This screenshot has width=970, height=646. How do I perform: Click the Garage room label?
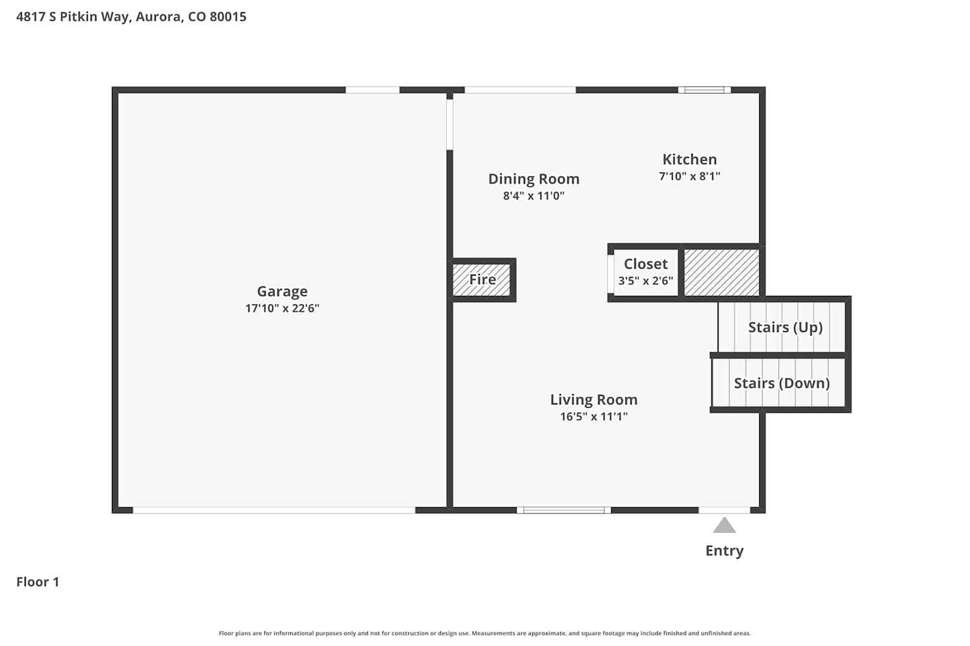pyautogui.click(x=283, y=291)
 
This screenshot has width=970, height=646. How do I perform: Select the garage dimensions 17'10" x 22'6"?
pyautogui.click(x=283, y=309)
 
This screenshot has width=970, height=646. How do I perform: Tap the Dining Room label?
pyautogui.click(x=534, y=179)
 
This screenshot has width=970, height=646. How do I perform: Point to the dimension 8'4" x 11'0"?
pyautogui.click(x=534, y=196)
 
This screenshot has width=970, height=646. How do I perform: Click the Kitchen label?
pyautogui.click(x=690, y=160)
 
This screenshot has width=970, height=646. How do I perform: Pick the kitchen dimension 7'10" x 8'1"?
pyautogui.click(x=690, y=176)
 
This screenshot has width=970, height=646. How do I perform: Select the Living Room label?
pyautogui.click(x=594, y=400)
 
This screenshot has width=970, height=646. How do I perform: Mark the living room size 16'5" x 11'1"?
pyautogui.click(x=594, y=417)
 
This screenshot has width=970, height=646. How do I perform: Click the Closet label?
pyautogui.click(x=645, y=264)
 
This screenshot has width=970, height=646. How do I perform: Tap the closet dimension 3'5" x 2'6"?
pyautogui.click(x=645, y=281)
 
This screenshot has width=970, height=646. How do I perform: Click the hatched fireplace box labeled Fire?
pyautogui.click(x=482, y=280)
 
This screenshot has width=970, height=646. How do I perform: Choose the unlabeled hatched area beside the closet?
pyautogui.click(x=722, y=273)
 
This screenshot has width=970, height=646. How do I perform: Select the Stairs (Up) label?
pyautogui.click(x=786, y=328)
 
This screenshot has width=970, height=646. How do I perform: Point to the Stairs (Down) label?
pyautogui.click(x=782, y=383)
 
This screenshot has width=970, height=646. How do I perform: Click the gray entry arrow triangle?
pyautogui.click(x=724, y=525)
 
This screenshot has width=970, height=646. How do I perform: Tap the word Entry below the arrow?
pyautogui.click(x=724, y=551)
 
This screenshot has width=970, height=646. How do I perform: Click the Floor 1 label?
pyautogui.click(x=38, y=582)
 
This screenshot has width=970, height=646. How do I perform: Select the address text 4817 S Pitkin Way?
pyautogui.click(x=72, y=17)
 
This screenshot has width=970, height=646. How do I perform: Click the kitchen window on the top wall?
pyautogui.click(x=705, y=90)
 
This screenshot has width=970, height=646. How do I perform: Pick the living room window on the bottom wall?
pyautogui.click(x=564, y=510)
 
